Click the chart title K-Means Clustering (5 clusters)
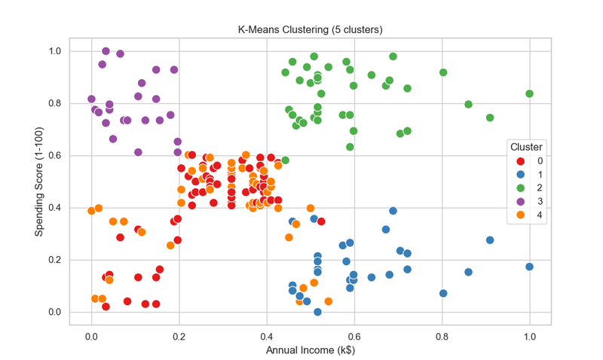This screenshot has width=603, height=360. [x=310, y=29]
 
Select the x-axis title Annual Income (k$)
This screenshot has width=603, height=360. [x=311, y=350]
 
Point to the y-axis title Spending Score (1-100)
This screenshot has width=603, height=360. [x=39, y=182]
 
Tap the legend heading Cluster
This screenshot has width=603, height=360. [x=526, y=147]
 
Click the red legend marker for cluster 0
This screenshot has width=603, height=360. [x=520, y=161]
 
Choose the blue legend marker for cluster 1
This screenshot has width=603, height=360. [x=520, y=175]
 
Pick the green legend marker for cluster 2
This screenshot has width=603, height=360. [x=520, y=188]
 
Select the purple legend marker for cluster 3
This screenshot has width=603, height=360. [x=520, y=201]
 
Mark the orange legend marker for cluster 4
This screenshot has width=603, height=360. [x=520, y=215]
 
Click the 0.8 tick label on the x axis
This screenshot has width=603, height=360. [x=442, y=337]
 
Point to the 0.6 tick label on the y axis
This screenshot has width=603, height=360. [x=55, y=156]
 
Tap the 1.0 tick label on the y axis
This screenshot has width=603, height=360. [x=55, y=51]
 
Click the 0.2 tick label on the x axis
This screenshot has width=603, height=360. [x=179, y=337]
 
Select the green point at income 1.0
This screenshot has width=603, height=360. [x=529, y=93]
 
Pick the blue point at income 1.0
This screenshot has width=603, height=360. [x=529, y=267]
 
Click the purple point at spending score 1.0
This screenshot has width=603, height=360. [x=106, y=51]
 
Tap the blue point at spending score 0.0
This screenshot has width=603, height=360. [x=317, y=312]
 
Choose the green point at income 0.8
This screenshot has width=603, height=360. [x=443, y=72]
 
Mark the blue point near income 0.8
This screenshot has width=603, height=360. [x=443, y=293]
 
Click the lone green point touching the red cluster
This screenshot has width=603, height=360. [x=285, y=160]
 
